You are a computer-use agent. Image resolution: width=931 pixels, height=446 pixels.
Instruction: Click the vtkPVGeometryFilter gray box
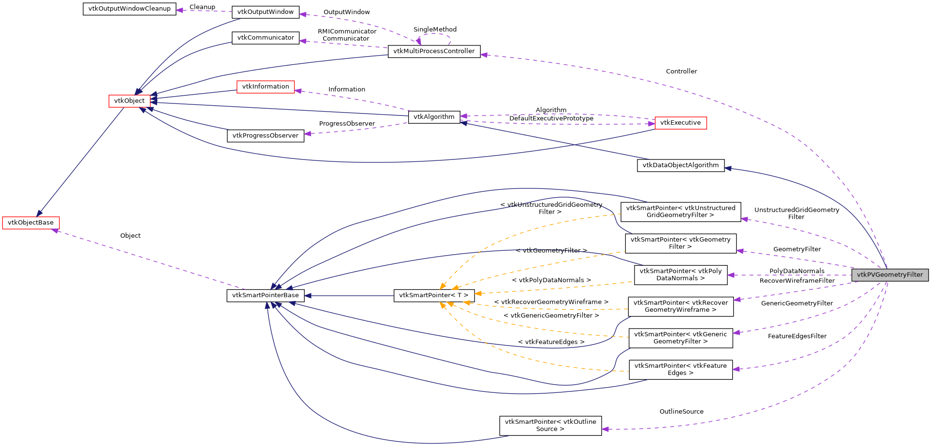pos(889,275)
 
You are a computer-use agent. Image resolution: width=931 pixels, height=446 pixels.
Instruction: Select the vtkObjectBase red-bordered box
pos(31,223)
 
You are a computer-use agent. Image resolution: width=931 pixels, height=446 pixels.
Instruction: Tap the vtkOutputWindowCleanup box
pos(129,9)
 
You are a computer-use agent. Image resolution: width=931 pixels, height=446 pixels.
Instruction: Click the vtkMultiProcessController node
pos(434,51)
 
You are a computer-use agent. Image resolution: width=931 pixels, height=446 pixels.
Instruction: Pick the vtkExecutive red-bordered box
pos(680,123)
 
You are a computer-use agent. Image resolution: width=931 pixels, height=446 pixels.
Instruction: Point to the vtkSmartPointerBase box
pos(266,295)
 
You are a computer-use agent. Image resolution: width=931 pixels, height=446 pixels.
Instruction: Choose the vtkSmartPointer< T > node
pos(434,295)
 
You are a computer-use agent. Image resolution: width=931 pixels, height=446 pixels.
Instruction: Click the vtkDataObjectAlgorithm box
pos(680,165)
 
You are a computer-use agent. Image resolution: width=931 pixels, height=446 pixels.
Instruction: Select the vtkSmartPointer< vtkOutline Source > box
pos(550,425)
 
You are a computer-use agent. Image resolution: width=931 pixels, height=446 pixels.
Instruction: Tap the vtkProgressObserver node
pos(266,136)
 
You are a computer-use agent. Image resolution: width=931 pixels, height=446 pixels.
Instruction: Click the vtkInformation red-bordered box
pos(266,87)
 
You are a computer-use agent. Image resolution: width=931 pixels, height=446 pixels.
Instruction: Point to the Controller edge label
pos(681,72)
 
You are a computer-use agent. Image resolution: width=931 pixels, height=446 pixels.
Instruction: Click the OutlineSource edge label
pos(681,412)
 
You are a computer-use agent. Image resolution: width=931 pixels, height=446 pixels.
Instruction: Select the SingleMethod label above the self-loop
pos(435,29)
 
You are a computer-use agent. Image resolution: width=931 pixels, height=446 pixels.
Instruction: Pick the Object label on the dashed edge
pos(130,236)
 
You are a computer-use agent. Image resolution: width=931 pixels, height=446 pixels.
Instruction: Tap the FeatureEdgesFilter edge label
pos(797,336)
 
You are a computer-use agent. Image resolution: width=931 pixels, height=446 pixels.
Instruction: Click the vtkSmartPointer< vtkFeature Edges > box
pos(680,369)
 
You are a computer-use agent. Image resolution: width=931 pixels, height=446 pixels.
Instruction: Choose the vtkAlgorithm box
pos(434,117)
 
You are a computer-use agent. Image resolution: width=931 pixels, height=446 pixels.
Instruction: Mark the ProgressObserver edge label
pos(347,124)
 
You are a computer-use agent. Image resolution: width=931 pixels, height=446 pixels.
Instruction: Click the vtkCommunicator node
pos(266,38)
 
